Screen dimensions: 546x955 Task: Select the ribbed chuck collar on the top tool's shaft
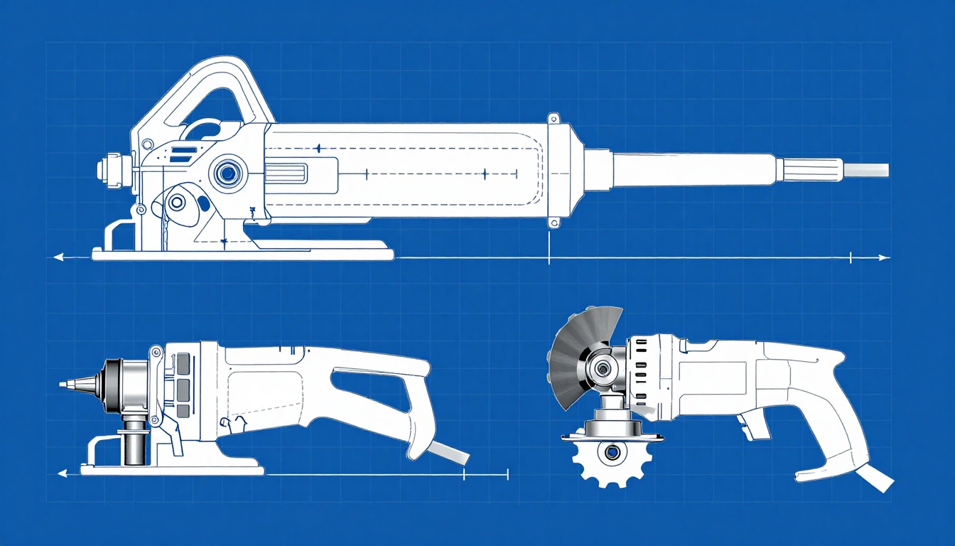(x=811, y=169)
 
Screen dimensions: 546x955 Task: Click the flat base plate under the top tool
(x=242, y=252)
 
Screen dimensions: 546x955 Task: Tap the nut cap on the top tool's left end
(x=106, y=169)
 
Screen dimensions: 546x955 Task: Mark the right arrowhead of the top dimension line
(x=884, y=257)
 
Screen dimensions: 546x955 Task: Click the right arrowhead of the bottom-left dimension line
(x=505, y=473)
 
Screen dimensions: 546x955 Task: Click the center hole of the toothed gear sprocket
(x=608, y=450)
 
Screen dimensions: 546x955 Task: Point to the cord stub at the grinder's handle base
(x=875, y=478)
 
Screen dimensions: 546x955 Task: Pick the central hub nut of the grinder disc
(x=603, y=368)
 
